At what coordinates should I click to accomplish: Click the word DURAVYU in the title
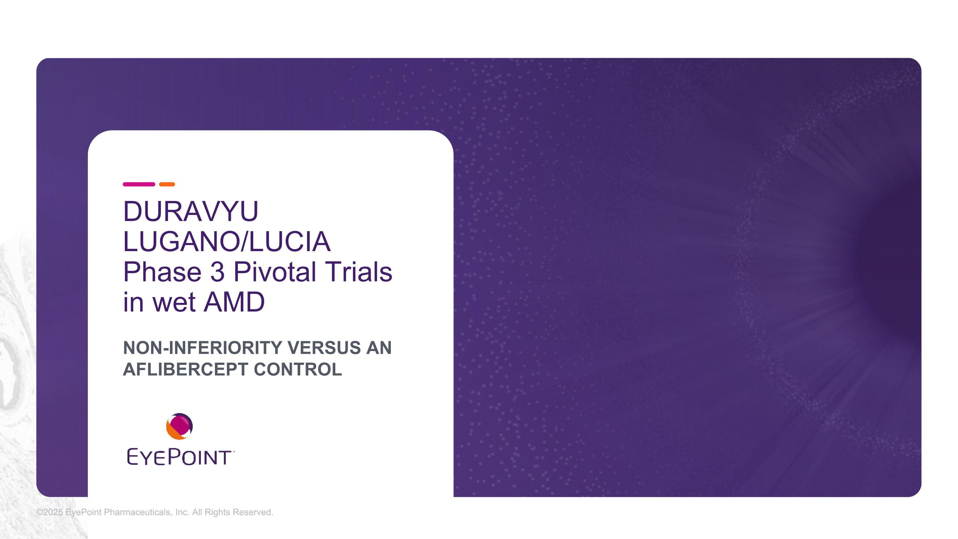[x=190, y=211]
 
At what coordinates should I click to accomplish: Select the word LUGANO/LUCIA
[x=226, y=242]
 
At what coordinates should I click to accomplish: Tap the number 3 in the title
[x=217, y=272]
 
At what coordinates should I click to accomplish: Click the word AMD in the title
[x=234, y=302]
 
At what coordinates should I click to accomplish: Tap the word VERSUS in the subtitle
[x=324, y=348]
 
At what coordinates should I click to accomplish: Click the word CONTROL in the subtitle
[x=298, y=369]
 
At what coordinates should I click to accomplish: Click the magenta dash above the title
[x=139, y=184]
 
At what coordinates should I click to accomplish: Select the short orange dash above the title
[x=167, y=184]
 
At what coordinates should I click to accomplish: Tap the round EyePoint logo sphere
[x=179, y=426]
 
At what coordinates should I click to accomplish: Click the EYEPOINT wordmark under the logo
[x=180, y=457]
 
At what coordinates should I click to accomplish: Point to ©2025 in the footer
[x=49, y=512]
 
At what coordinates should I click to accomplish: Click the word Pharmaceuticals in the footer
[x=138, y=512]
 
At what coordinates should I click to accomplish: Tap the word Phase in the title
[x=162, y=272]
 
